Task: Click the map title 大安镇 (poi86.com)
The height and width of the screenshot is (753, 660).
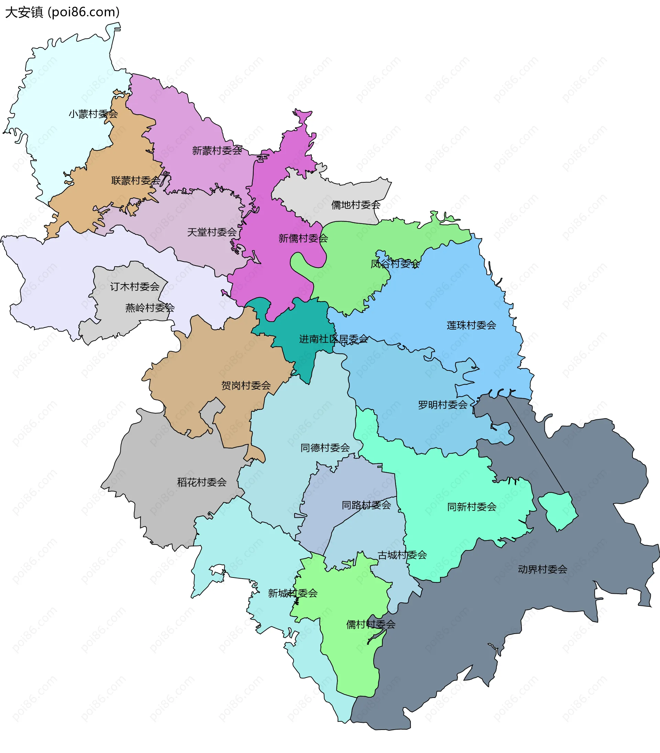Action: (62, 12)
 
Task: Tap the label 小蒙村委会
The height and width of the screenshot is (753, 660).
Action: (93, 114)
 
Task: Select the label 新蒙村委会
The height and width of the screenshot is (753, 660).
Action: (217, 151)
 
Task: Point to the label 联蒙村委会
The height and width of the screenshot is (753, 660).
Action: (136, 181)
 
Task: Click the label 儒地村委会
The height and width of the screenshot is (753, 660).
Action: (355, 205)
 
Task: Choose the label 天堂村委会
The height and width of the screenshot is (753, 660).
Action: (212, 232)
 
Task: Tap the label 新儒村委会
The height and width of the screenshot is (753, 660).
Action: (303, 238)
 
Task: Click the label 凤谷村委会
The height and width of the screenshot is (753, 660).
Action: (395, 264)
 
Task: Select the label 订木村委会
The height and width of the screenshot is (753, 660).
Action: (135, 287)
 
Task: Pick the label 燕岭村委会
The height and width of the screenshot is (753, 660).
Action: (150, 308)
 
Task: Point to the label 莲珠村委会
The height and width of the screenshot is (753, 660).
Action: (471, 325)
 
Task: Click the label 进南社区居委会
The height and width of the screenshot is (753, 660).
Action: (333, 339)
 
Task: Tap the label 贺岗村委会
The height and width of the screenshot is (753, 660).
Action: (246, 385)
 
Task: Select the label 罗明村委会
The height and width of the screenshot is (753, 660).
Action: (442, 405)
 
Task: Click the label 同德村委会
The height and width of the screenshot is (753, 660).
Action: (325, 448)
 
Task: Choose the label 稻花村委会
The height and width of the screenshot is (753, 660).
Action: (202, 482)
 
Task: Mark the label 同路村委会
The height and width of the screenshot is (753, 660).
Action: (366, 505)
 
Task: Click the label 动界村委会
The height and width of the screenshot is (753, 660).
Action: (542, 569)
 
